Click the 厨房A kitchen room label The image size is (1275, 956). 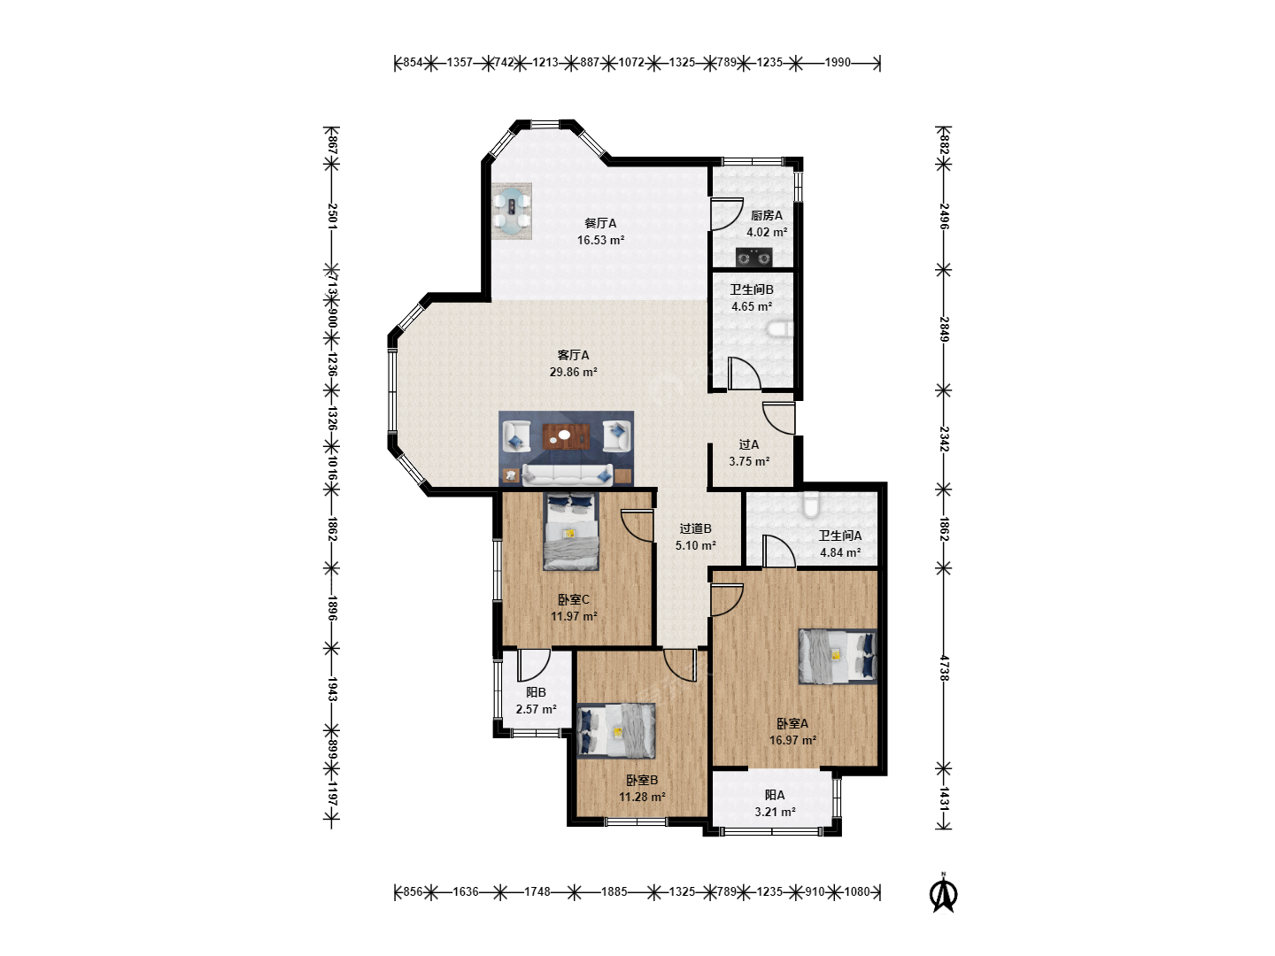pyautogui.click(x=766, y=215)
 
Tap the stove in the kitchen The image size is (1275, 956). pyautogui.click(x=753, y=257)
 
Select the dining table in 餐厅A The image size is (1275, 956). pyautogui.click(x=512, y=212)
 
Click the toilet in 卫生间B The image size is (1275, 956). pyautogui.click(x=780, y=329)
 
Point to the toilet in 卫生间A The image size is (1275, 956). pyautogui.click(x=810, y=504)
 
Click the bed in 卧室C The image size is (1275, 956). pyautogui.click(x=570, y=531)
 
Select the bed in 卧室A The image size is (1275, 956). pyautogui.click(x=837, y=656)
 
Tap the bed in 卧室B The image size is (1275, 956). pyautogui.click(x=615, y=731)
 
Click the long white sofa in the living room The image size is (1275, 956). pyautogui.click(x=568, y=474)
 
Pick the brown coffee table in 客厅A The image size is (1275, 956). pyautogui.click(x=567, y=436)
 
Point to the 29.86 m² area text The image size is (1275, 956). pyautogui.click(x=574, y=372)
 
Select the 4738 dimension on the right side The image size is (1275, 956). pyautogui.click(x=944, y=668)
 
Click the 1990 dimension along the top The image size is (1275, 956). pyautogui.click(x=838, y=62)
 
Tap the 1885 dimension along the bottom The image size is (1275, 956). pyautogui.click(x=614, y=891)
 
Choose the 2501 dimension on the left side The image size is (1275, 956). pyautogui.click(x=332, y=216)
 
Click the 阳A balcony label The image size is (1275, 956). pyautogui.click(x=775, y=795)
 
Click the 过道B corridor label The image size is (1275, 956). pyautogui.click(x=695, y=528)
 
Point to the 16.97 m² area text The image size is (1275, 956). pyautogui.click(x=792, y=741)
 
